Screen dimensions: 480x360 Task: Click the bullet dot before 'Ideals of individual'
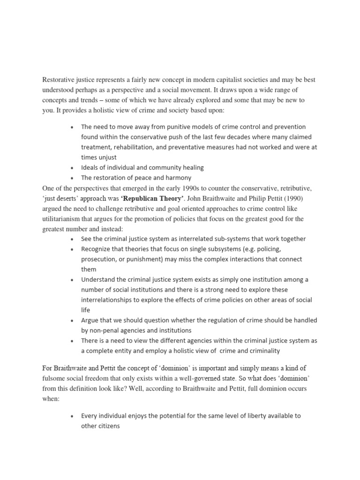coord(71,168)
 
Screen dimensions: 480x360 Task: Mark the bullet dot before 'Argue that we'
coord(71,321)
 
